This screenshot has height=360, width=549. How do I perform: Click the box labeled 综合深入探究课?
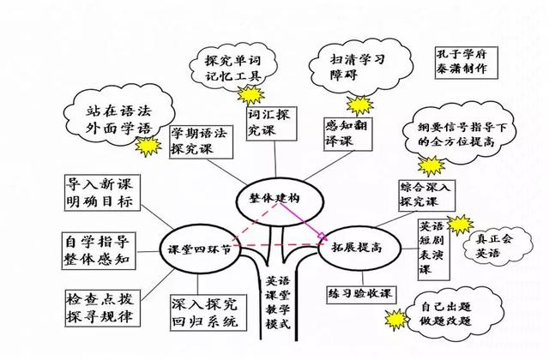click(430, 195)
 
